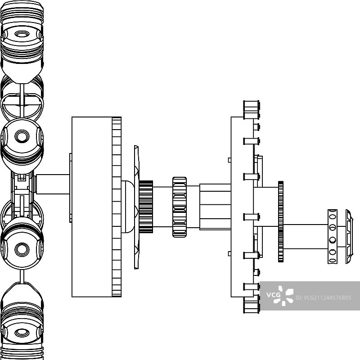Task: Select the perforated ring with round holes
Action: click(x=332, y=236)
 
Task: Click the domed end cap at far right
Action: click(x=349, y=237)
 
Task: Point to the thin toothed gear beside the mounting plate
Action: click(x=281, y=221)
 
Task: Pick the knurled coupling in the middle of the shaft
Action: click(x=179, y=207)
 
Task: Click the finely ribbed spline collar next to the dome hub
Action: click(x=146, y=207)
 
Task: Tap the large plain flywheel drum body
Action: click(x=91, y=207)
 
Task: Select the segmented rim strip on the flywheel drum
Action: click(x=117, y=207)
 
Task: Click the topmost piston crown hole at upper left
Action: click(x=21, y=34)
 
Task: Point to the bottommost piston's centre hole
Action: click(x=21, y=333)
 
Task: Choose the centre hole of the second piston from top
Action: click(x=21, y=135)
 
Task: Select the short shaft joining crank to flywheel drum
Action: click(x=53, y=184)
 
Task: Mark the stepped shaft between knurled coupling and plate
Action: click(x=215, y=207)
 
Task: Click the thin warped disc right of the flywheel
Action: click(x=136, y=207)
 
